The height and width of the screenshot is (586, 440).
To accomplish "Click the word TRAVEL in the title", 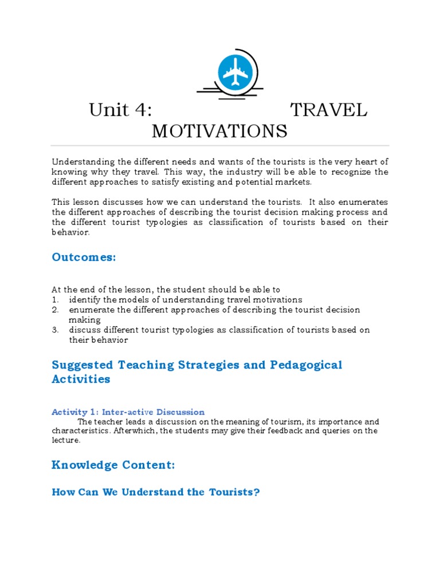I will point(328,110).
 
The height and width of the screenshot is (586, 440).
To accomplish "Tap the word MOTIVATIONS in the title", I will point(219,132).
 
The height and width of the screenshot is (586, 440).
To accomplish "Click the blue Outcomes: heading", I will point(84,258).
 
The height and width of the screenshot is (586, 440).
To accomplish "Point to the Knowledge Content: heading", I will point(113,465).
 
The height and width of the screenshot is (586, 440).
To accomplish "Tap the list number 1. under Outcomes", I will point(55,300).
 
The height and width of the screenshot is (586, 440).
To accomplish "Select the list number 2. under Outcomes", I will point(55,310).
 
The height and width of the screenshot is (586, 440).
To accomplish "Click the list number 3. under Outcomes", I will point(55,330).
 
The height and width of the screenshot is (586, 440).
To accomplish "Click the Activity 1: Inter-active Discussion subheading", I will point(128,412).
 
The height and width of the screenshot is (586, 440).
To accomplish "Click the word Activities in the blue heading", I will point(81,379).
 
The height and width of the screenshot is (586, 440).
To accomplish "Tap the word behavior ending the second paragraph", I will point(70,232).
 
